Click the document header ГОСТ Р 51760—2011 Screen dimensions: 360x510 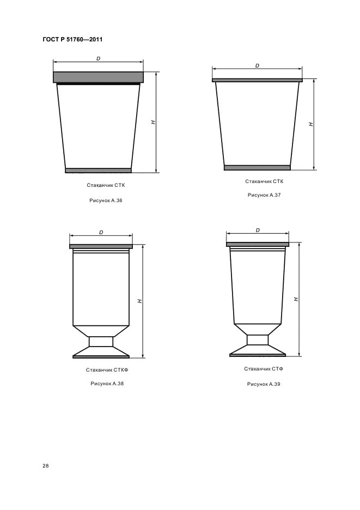[72, 39]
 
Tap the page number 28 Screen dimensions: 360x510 [46, 466]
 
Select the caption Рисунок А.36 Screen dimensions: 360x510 [106, 201]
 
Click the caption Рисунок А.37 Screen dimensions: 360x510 [264, 195]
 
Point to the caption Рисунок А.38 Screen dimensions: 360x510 [107, 384]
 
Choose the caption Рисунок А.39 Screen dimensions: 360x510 [264, 384]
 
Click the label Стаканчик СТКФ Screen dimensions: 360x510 [107, 370]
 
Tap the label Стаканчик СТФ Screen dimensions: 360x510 [264, 369]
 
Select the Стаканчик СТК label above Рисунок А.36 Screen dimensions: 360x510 [106, 185]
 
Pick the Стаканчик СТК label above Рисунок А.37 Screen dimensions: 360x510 [264, 181]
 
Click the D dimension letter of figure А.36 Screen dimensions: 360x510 [98, 59]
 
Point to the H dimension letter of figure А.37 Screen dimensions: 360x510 [311, 124]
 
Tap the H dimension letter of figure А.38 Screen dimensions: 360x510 [139, 301]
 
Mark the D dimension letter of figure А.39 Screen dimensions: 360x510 [258, 230]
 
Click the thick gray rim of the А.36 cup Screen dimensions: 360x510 [98, 77]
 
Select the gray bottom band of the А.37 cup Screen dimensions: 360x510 [257, 167]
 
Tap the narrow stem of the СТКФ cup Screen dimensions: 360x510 [101, 342]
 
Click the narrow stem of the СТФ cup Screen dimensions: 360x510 [258, 339]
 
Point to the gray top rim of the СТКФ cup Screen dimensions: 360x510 [101, 246]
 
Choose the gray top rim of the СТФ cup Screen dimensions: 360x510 [258, 244]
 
